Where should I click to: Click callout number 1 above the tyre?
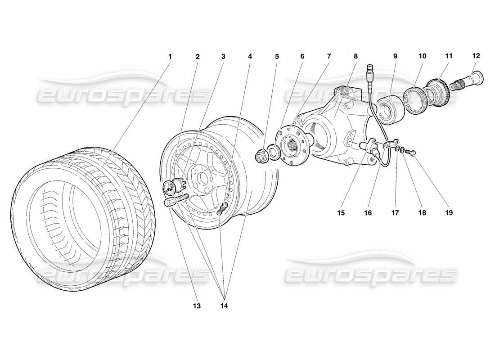click(170, 57)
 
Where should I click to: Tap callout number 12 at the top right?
click(476, 56)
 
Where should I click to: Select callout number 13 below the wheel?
click(197, 306)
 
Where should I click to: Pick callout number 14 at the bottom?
click(224, 306)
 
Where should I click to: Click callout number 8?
click(355, 57)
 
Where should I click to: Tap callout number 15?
click(341, 212)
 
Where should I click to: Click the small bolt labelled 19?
click(412, 153)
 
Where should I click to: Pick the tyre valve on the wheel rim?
click(222, 208)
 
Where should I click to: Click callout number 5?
click(277, 57)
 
